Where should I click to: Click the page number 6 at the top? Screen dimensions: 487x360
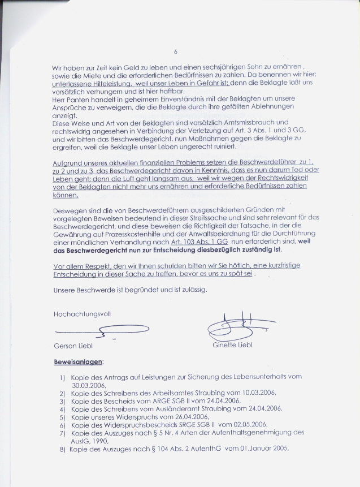click(176, 52)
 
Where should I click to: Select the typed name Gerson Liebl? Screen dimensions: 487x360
click(72, 346)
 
